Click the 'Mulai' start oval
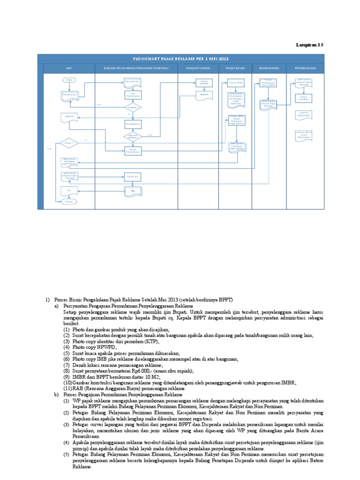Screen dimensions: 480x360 point(69,80)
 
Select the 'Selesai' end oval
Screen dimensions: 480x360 point(69,202)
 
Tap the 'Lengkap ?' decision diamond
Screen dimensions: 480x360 point(133,108)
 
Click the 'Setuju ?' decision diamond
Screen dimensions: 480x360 point(69,142)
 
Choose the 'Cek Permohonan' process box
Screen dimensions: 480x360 point(133,95)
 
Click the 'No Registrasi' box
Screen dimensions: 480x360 point(133,124)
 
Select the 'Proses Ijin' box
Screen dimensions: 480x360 point(133,177)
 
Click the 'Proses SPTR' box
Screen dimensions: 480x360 point(236,82)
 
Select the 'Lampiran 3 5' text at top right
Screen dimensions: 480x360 point(309,45)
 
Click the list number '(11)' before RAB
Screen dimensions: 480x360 point(68,389)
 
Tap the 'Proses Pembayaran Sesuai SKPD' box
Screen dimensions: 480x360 point(269,83)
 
